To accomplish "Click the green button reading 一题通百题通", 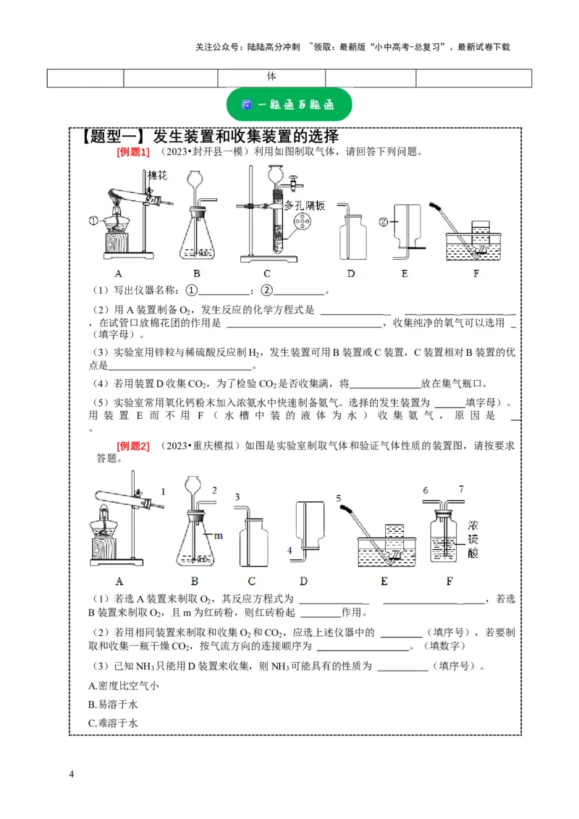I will point(289,105).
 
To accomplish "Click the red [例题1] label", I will point(132,152).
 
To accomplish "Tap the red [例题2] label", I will point(132,446).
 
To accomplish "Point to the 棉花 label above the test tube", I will point(158,176).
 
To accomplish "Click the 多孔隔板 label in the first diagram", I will point(305,205).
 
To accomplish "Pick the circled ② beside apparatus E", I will point(384,221).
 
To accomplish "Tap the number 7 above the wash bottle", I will point(461,489).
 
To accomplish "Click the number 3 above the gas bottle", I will point(237,497).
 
